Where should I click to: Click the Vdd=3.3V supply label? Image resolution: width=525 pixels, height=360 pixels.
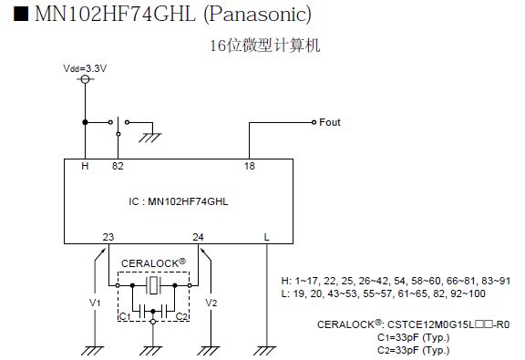[85, 68]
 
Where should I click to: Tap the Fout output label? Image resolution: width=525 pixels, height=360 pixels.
[330, 122]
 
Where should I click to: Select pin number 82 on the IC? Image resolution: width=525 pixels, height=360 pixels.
[118, 166]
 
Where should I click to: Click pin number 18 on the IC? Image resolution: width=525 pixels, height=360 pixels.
[249, 166]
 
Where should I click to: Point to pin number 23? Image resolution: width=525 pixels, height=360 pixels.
[108, 237]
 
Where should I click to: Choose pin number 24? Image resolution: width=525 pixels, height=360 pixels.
[198, 237]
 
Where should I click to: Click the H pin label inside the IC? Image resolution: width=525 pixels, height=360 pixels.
[85, 166]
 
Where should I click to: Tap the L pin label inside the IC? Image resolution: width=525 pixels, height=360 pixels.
[266, 237]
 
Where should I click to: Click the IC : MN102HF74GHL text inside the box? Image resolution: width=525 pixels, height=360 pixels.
[179, 201]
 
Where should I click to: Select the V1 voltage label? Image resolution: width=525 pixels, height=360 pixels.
[95, 303]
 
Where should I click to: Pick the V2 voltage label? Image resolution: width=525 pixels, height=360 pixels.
[211, 303]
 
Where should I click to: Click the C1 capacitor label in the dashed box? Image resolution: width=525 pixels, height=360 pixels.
[125, 316]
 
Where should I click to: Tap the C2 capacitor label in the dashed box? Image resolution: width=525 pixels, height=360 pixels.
[181, 316]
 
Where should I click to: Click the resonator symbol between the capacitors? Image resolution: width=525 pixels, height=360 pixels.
[153, 285]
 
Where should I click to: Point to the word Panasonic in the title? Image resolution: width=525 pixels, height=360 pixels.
[257, 14]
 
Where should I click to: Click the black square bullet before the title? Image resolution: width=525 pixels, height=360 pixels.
[21, 14]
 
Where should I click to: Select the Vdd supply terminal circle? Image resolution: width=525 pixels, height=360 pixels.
[85, 79]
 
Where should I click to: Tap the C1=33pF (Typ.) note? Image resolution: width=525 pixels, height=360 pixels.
[413, 337]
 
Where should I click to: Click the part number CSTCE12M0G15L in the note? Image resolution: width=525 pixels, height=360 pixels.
[431, 324]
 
